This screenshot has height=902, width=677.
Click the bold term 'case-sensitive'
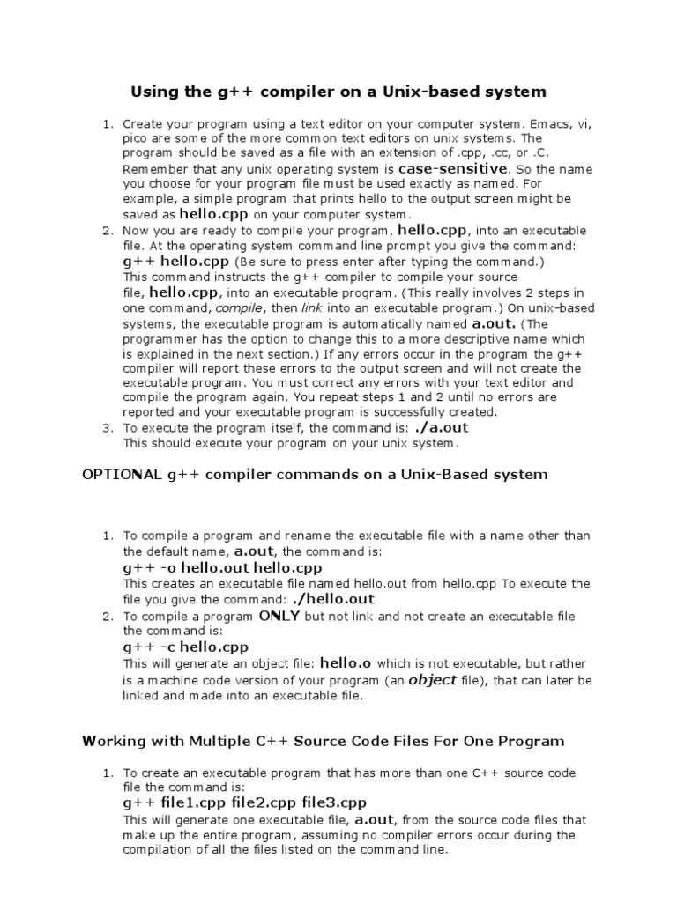[x=453, y=168]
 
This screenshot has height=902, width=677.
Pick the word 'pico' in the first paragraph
[x=136, y=139]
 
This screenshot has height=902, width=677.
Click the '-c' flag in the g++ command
[x=168, y=647]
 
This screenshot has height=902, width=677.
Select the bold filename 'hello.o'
[x=346, y=662]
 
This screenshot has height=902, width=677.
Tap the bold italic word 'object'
[x=432, y=680]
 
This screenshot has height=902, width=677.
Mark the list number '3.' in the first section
[x=108, y=429]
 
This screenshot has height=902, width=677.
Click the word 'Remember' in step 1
[x=151, y=169]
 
